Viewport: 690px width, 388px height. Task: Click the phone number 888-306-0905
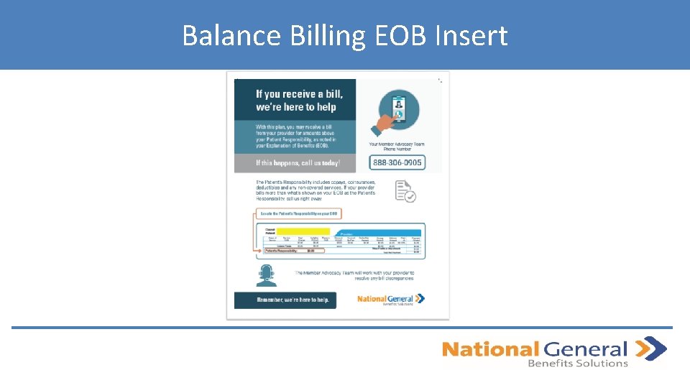point(397,163)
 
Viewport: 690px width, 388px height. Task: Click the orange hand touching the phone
point(379,127)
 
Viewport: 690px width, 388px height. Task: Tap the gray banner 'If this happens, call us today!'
point(295,163)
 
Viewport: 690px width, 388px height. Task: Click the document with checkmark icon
point(405,191)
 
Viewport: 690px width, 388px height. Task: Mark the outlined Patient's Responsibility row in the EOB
point(290,251)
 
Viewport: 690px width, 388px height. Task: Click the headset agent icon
point(267,275)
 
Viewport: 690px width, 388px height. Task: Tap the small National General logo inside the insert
point(391,299)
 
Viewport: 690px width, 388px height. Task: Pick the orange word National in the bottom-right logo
point(489,350)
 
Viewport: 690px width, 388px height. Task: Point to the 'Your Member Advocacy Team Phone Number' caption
point(397,147)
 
